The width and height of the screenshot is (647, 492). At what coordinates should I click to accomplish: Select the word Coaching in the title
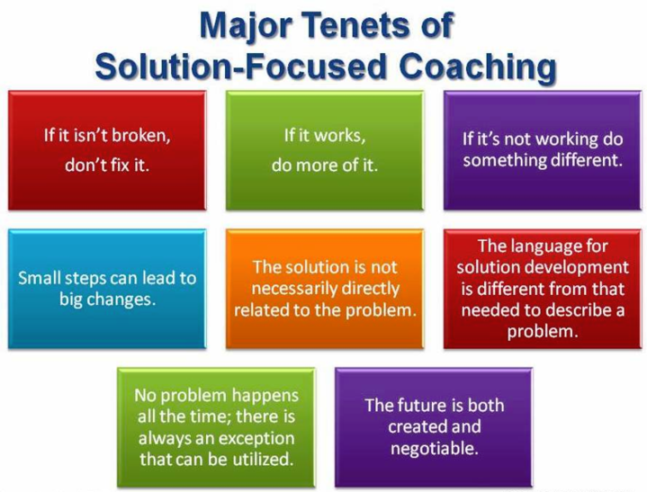[478, 68]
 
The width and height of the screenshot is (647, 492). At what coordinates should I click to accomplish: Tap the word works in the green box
[339, 135]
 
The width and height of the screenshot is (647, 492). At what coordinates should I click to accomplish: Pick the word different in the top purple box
[580, 159]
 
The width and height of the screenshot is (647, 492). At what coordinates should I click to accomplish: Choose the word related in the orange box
[261, 310]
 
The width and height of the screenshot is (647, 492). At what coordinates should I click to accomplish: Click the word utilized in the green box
[263, 459]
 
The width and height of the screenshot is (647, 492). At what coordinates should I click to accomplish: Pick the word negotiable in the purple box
[434, 449]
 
